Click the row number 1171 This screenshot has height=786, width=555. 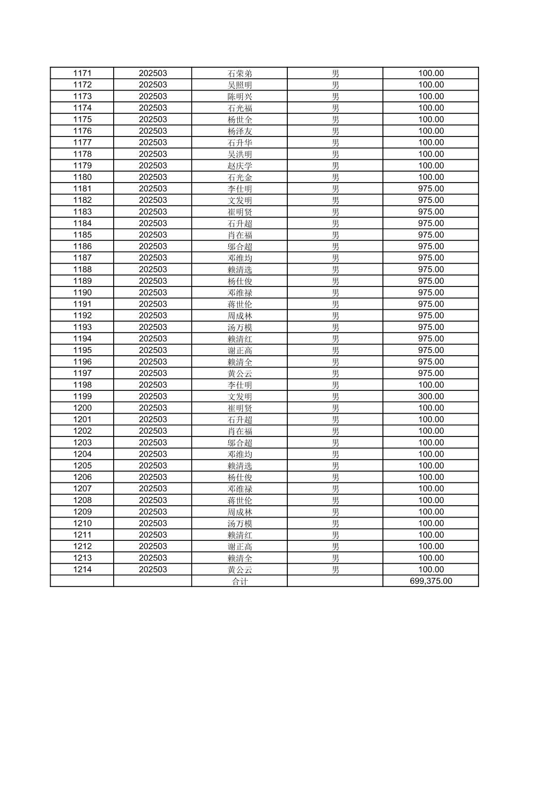(82, 73)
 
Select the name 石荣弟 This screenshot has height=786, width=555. (240, 73)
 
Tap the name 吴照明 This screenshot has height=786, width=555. (240, 85)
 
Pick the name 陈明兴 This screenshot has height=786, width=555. (240, 97)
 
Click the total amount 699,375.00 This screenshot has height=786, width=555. (430, 581)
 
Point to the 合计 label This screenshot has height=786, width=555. (240, 581)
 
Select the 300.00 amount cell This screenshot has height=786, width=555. (430, 397)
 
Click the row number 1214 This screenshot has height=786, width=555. (82, 569)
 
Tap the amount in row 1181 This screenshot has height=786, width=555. (430, 189)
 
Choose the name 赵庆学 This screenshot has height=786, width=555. (240, 165)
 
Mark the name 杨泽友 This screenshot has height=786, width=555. (240, 131)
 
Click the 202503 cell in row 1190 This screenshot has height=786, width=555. (152, 293)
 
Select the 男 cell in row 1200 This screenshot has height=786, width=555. (335, 408)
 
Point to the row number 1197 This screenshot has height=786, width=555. (82, 373)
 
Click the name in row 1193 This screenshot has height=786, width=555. (240, 327)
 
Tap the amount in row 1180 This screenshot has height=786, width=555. (430, 177)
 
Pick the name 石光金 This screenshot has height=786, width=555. (240, 177)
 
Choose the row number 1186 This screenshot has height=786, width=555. (82, 247)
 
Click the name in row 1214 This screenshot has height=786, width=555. (240, 569)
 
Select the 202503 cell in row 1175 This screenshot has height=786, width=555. (152, 119)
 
